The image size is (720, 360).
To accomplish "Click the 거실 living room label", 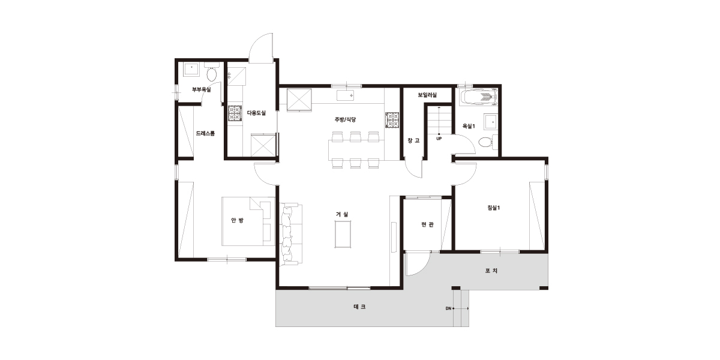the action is click(x=342, y=214).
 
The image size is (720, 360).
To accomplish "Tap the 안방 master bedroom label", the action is click(x=237, y=220).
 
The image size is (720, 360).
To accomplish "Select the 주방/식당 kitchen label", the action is click(x=345, y=119).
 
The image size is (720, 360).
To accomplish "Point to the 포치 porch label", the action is click(x=491, y=271).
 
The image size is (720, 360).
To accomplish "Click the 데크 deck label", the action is click(x=359, y=307).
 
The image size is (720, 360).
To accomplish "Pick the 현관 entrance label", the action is click(x=427, y=224).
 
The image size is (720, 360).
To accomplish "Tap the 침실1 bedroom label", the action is click(x=493, y=208).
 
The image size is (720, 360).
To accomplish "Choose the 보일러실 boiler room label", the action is click(x=427, y=95).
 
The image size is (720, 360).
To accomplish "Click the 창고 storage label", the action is click(x=413, y=140).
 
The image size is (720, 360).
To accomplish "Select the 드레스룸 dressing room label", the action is click(x=205, y=133).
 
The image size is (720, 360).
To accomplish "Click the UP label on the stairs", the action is click(x=439, y=139).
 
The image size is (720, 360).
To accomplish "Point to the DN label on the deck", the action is click(x=448, y=308).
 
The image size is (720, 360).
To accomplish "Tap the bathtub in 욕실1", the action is click(x=479, y=97).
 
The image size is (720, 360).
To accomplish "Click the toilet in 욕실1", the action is click(x=487, y=142).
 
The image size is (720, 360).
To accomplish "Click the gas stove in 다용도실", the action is click(x=235, y=113).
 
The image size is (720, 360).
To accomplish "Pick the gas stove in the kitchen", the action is click(x=392, y=120).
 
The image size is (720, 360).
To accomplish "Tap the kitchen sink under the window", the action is click(x=345, y=95).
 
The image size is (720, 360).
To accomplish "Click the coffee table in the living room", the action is click(x=343, y=234).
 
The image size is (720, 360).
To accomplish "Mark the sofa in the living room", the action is click(x=291, y=235).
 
